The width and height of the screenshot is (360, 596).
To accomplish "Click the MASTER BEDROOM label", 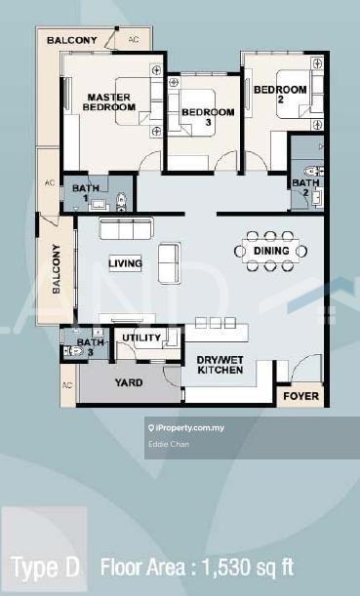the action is [109, 102].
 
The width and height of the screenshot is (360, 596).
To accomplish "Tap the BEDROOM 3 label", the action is [208, 117].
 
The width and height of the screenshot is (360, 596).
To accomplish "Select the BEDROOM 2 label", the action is [280, 95].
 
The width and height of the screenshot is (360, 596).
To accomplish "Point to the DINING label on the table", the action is [271, 251].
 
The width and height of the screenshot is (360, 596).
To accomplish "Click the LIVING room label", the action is [125, 263].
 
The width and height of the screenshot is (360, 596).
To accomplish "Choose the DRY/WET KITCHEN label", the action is [220, 365].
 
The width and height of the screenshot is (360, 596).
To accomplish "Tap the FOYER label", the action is [301, 396].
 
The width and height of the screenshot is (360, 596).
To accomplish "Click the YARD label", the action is [129, 382].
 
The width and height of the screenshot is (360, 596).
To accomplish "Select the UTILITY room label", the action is [141, 338].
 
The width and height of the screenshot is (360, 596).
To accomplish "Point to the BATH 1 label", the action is [86, 193].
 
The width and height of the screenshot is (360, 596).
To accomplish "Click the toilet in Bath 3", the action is [72, 350].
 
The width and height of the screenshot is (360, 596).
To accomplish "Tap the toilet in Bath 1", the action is [122, 202].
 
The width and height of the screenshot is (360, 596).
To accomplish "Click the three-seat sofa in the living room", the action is [126, 228].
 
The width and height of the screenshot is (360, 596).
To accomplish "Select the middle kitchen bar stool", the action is [216, 323].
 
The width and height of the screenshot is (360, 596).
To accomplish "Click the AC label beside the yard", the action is [67, 385].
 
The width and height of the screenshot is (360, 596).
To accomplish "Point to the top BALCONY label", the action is [72, 40].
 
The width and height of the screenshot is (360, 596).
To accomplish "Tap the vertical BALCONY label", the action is [57, 268].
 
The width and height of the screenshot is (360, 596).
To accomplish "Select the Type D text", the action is [46, 567].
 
